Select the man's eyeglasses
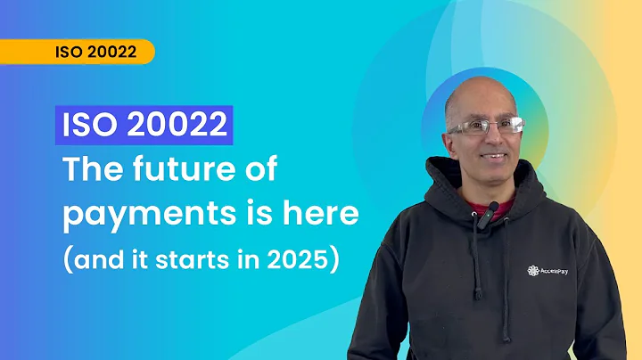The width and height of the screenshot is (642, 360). (486, 127)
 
